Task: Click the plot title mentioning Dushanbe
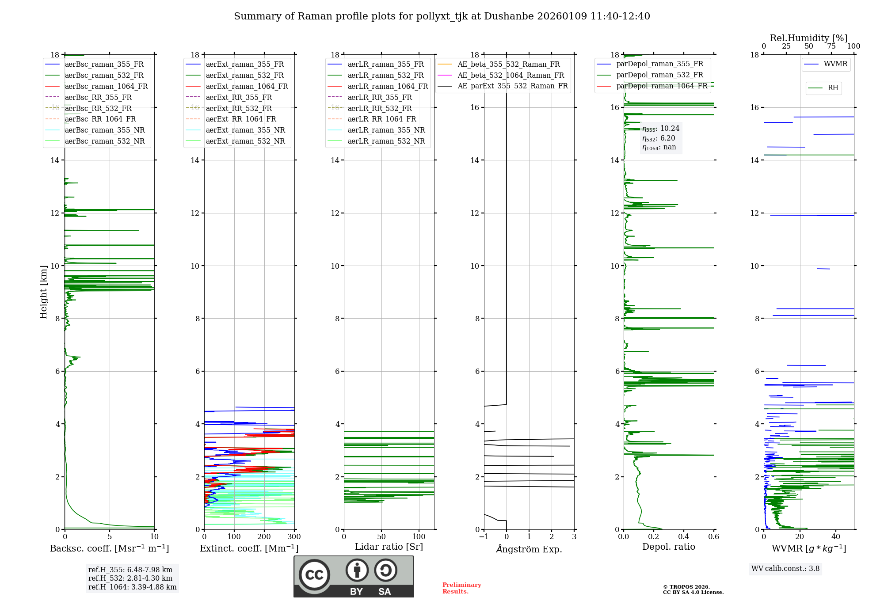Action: click(442, 16)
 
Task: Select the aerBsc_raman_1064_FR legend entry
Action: click(106, 86)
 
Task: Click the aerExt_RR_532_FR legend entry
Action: click(239, 108)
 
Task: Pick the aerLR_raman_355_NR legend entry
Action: click(386, 130)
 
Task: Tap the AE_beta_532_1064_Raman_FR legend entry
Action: click(511, 75)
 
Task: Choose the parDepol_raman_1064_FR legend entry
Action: click(662, 86)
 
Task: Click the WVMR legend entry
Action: click(835, 64)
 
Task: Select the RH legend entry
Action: click(833, 88)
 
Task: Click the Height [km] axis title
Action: click(43, 292)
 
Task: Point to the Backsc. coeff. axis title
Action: click(109, 548)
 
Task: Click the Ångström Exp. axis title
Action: click(529, 549)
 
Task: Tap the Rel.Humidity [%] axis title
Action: click(808, 38)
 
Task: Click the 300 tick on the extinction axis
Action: click(294, 537)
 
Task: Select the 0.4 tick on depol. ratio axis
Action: click(684, 537)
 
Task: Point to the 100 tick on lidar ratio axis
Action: click(419, 537)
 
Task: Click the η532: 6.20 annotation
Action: click(659, 138)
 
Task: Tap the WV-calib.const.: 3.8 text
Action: click(785, 569)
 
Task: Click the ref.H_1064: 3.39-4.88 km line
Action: click(132, 587)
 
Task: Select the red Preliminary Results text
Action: click(461, 588)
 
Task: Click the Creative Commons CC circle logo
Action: click(314, 574)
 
